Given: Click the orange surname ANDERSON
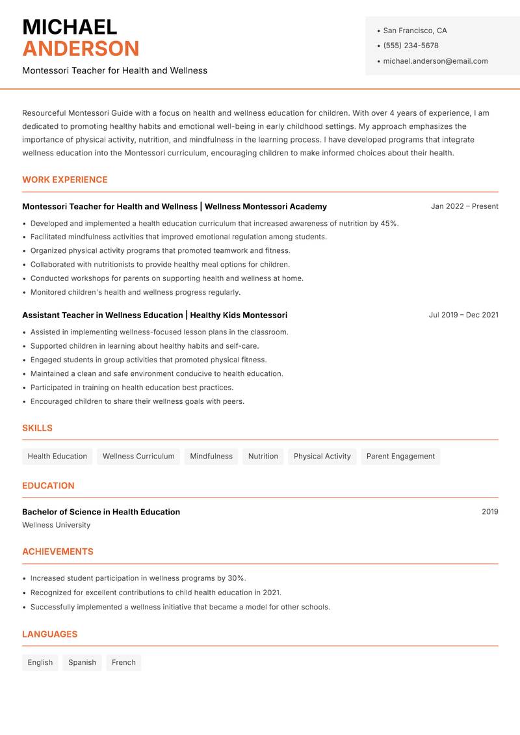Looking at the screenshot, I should click(81, 49).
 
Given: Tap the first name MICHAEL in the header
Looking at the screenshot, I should click(70, 27).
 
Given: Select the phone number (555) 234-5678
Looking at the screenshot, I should click(411, 46).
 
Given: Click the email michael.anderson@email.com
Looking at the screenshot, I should click(435, 61).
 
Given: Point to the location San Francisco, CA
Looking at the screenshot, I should click(415, 31).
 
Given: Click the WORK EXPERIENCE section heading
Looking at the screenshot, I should click(65, 180).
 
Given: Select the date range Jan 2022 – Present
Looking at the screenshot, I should click(464, 206).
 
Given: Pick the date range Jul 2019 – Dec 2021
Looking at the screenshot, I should click(463, 315).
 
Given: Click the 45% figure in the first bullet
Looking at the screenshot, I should click(389, 223).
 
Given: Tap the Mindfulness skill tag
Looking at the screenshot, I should click(211, 457).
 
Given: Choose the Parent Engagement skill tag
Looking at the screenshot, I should click(400, 457).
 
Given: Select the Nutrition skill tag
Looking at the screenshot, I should click(263, 457).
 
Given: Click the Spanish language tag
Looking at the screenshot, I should click(82, 663).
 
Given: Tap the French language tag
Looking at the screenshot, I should click(123, 663).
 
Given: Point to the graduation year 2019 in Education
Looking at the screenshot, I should click(489, 512).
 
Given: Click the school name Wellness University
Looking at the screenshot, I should click(57, 525).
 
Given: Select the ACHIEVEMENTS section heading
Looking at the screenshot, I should click(58, 552).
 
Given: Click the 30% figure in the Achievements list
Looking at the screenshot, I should click(236, 578).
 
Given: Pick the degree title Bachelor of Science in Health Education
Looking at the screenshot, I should click(101, 512).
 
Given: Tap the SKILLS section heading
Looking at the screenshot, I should click(37, 428).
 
